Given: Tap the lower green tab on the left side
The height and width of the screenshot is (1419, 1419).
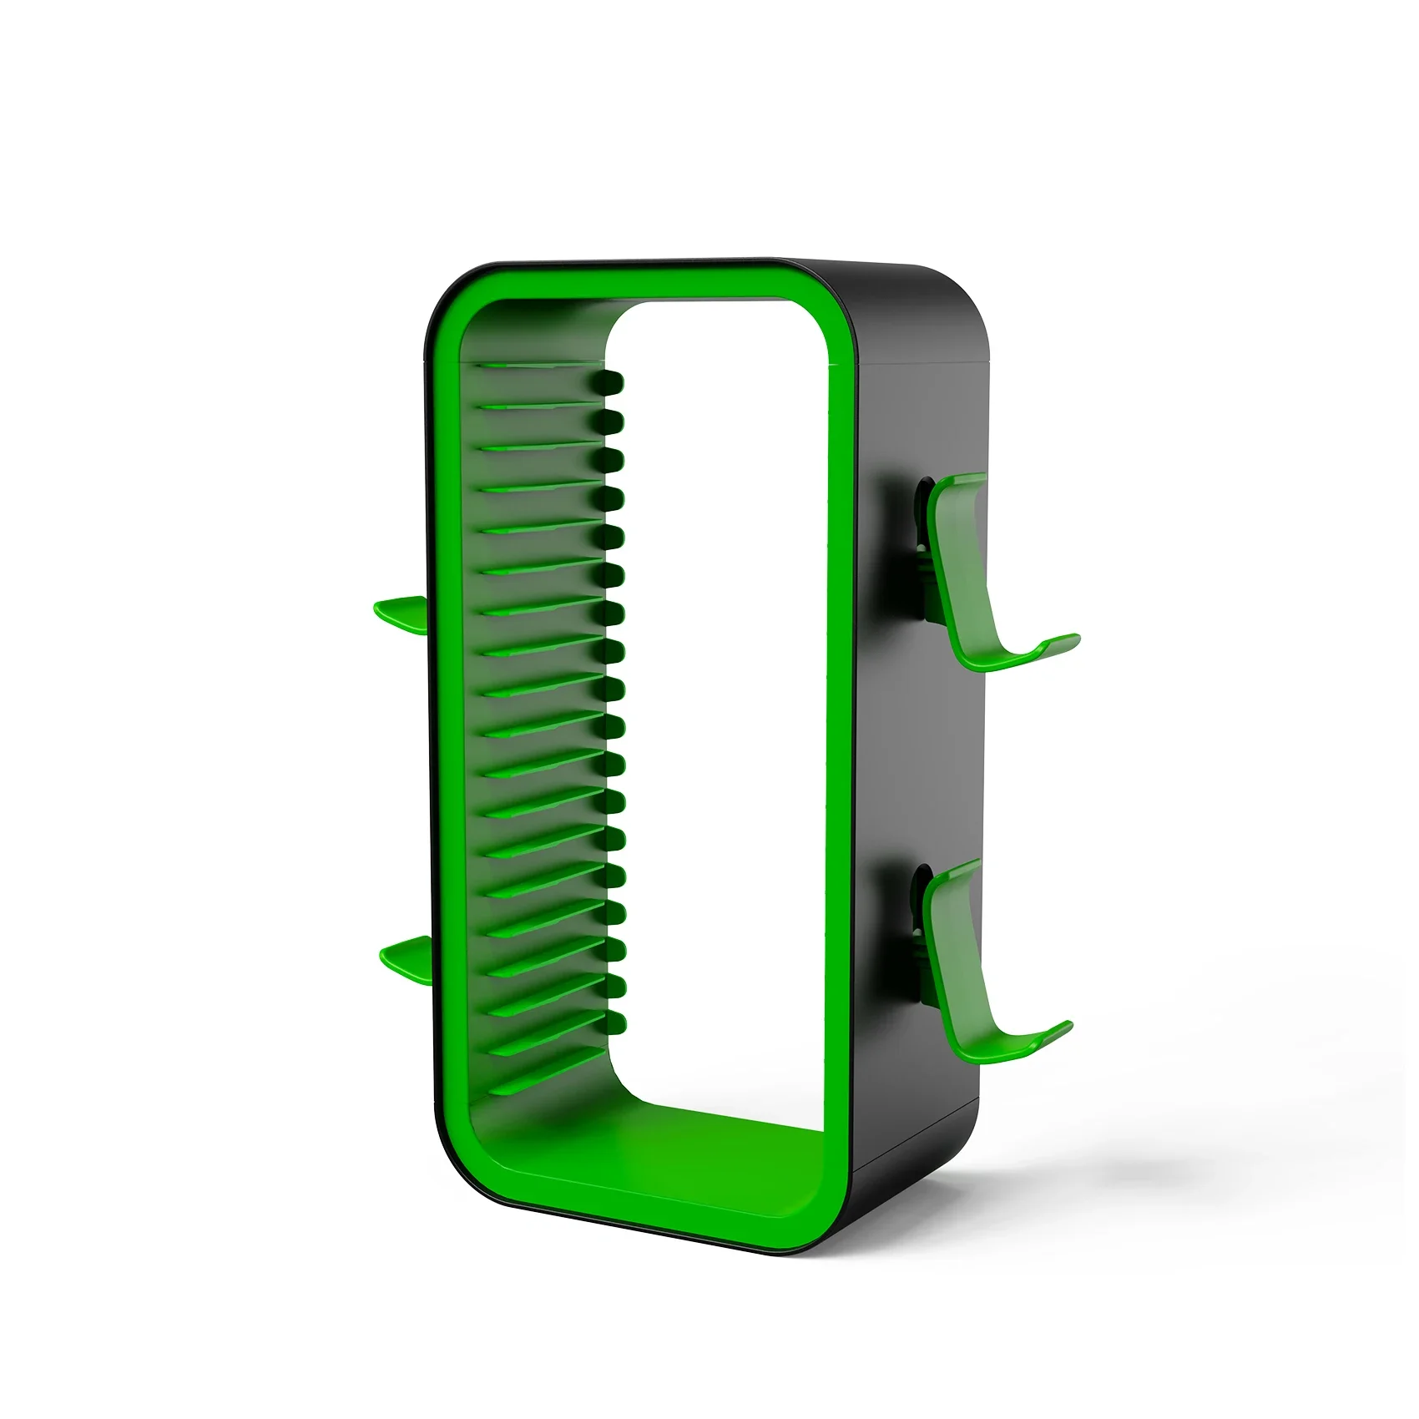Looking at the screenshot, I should point(404,952).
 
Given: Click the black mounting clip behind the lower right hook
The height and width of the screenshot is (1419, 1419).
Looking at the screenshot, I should point(921,927).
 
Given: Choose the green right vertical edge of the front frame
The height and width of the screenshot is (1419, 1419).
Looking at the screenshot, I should point(839,751).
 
